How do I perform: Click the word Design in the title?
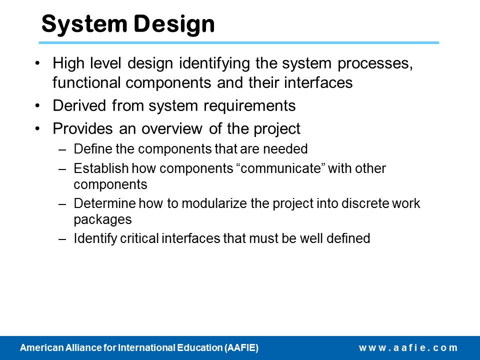click(x=174, y=24)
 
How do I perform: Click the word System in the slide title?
click(x=84, y=24)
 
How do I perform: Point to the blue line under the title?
click(x=239, y=42)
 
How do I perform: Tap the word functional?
click(x=86, y=82)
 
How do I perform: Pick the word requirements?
click(x=249, y=106)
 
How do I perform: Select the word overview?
click(x=171, y=128)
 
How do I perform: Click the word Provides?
click(x=82, y=128)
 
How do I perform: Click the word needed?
click(x=285, y=149)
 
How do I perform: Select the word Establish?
click(x=101, y=168)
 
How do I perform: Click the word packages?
click(x=103, y=220)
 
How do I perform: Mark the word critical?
click(x=139, y=238)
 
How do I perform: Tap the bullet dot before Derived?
click(x=37, y=106)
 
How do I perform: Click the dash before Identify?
click(x=62, y=239)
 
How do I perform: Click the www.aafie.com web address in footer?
click(x=408, y=348)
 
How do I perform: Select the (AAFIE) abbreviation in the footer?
click(x=241, y=348)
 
